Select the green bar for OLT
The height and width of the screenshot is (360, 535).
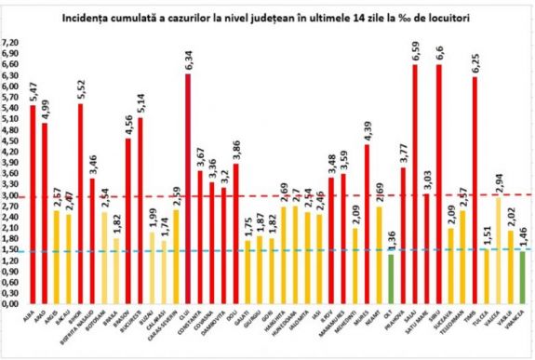pos(391,279)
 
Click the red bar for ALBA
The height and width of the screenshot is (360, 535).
pos(33,205)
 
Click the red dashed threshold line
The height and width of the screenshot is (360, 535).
pos(279,195)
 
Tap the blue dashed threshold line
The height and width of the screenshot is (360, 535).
pos(279,250)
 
